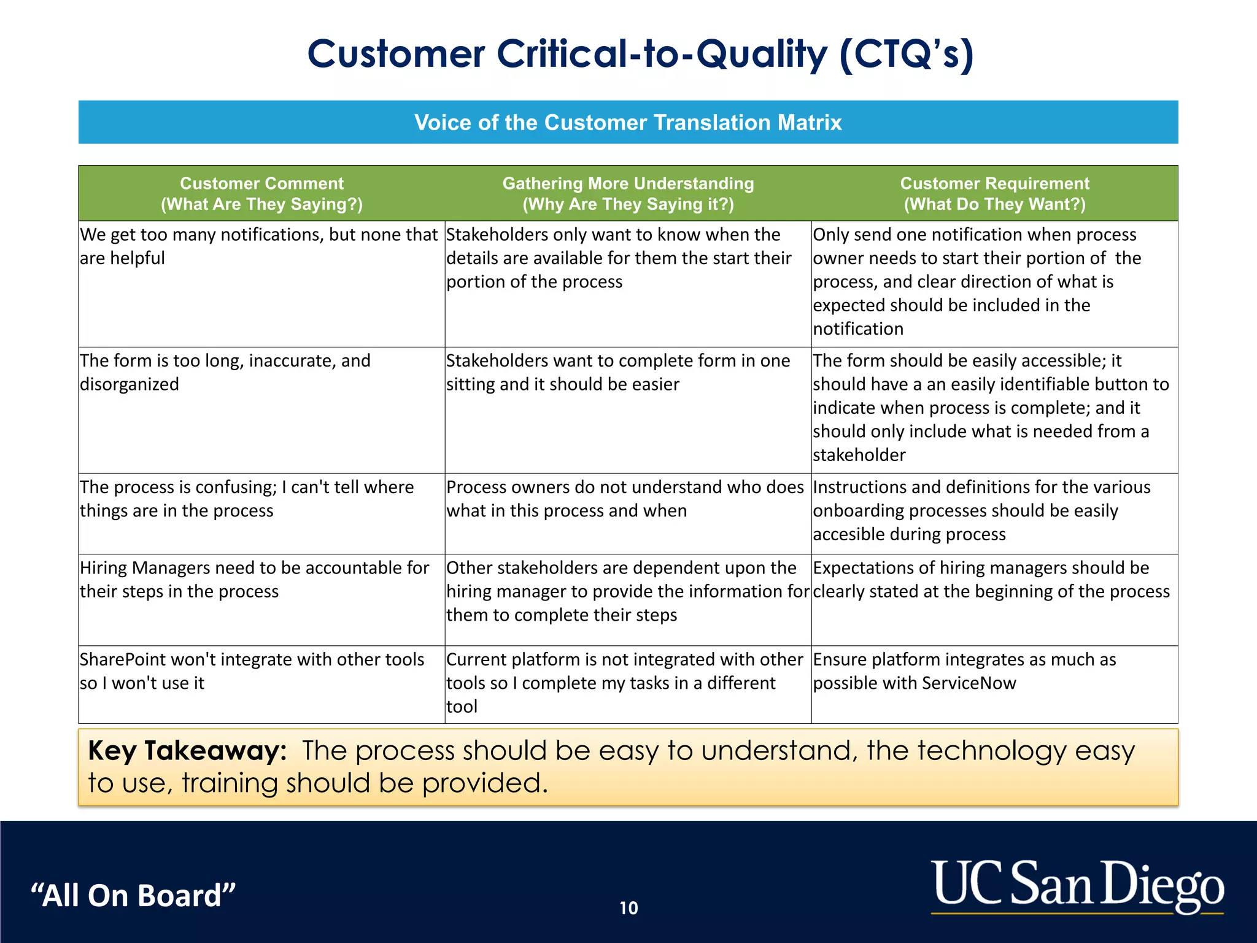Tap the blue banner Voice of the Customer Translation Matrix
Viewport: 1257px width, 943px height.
(628, 122)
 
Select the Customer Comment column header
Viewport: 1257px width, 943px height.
(261, 193)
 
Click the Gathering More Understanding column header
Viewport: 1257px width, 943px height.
(628, 193)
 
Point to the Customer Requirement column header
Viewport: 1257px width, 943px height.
(994, 193)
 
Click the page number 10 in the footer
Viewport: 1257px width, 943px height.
(628, 908)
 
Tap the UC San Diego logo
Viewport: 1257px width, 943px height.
(1077, 885)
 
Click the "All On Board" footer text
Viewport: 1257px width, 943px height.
(133, 895)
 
